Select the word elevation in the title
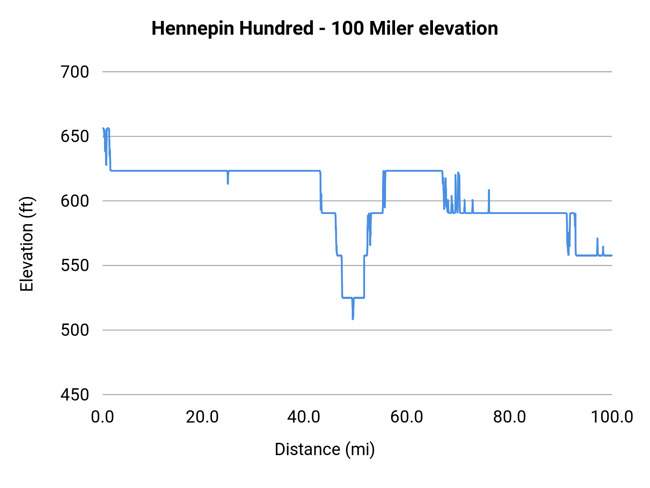click(458, 28)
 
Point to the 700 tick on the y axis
click(75, 72)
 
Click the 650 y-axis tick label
click(75, 137)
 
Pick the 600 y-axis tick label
click(75, 201)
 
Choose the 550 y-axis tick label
click(75, 266)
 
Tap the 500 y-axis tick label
click(75, 330)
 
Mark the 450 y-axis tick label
click(75, 395)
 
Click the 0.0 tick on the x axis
click(103, 417)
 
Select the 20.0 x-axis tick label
click(202, 417)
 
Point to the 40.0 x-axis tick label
click(304, 417)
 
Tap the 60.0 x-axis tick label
click(407, 417)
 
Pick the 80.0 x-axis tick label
click(510, 417)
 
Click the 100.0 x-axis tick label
click(612, 417)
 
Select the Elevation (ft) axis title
click(27, 244)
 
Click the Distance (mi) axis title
click(325, 449)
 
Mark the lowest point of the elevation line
click(353, 319)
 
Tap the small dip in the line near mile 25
click(228, 183)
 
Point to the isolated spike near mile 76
click(489, 191)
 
